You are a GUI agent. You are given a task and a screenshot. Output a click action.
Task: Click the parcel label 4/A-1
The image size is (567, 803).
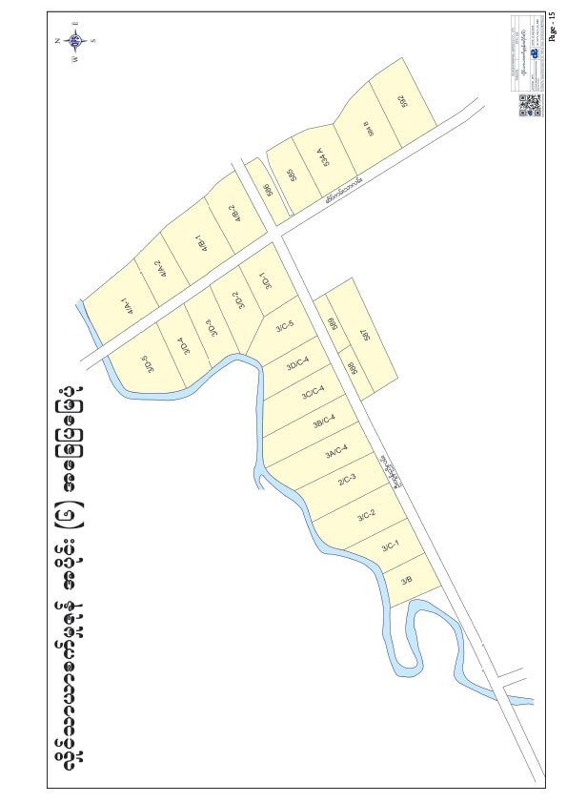pos(124,308)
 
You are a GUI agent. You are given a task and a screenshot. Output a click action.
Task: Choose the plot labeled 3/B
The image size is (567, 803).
pos(406,580)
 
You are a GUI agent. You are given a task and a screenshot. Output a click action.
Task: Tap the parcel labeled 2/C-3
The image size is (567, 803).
pos(347,480)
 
